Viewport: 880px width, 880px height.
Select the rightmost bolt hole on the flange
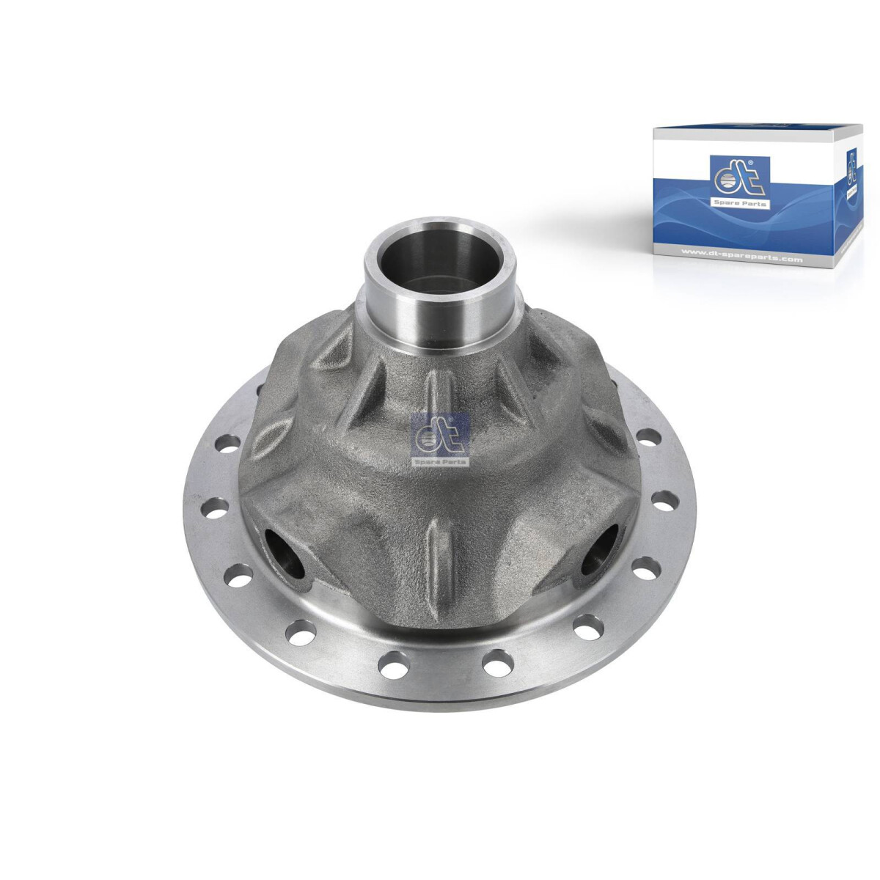pyautogui.click(x=661, y=503)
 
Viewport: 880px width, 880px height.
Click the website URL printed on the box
pyautogui.click(x=741, y=259)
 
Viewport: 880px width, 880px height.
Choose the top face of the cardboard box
pyautogui.click(x=755, y=130)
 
